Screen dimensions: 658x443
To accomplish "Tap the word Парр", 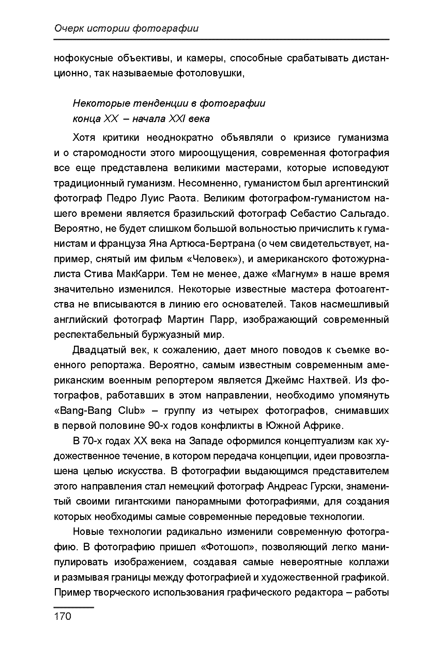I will [223, 320].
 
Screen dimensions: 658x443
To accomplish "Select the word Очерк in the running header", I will [68, 29].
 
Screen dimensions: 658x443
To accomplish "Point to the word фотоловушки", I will [210, 73].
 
